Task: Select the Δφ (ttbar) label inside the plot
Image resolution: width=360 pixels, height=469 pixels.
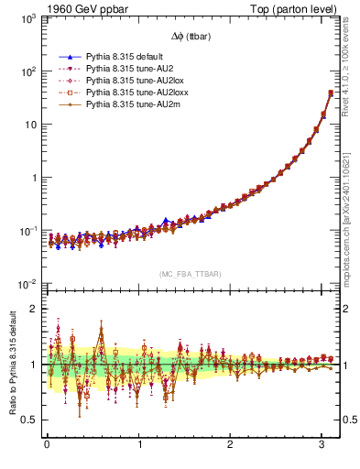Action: (186, 36)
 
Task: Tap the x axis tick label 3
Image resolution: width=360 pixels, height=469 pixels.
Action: (322, 445)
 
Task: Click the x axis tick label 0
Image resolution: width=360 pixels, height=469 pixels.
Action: (47, 445)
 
